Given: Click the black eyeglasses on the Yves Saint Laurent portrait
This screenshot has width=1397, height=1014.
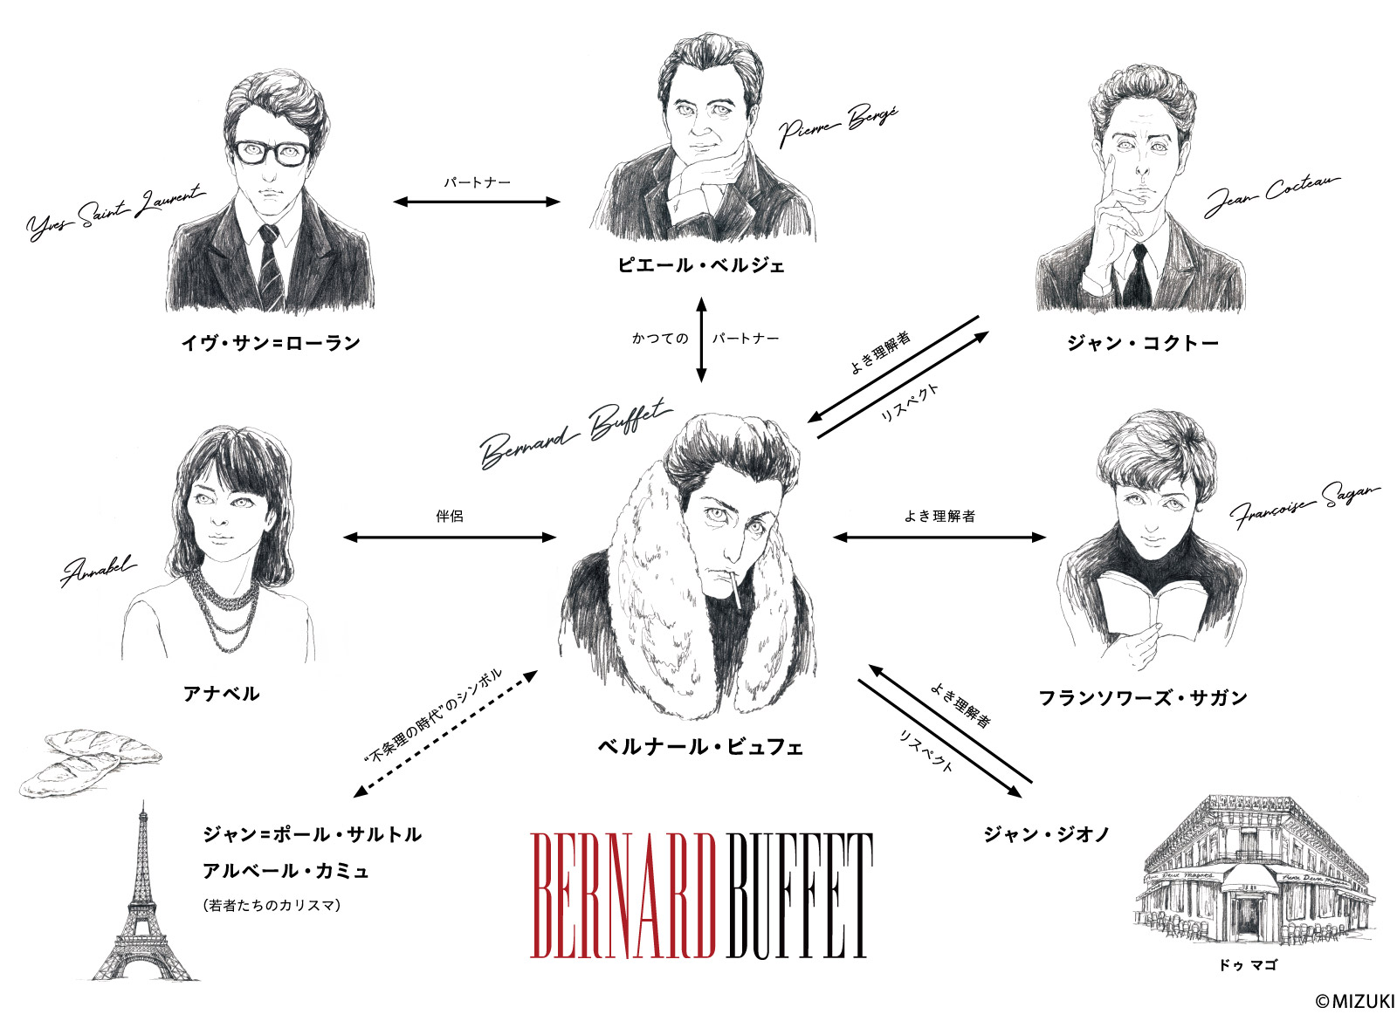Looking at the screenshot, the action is click(x=272, y=154).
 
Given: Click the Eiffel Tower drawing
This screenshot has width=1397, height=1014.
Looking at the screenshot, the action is click(x=144, y=891).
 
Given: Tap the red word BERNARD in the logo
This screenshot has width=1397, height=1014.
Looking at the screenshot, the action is click(x=623, y=896).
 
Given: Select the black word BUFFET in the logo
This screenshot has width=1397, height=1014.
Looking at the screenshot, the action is click(x=800, y=896).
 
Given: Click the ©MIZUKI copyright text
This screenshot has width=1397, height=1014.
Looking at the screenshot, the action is click(x=1354, y=1001).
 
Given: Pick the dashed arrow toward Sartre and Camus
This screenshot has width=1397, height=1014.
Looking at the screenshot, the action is click(x=445, y=734).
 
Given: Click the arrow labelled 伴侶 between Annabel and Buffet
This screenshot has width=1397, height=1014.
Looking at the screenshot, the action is click(x=449, y=538).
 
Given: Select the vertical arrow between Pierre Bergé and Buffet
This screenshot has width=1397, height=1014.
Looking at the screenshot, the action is click(x=701, y=339).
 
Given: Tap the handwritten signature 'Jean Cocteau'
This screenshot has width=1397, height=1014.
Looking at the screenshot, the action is click(x=1271, y=195).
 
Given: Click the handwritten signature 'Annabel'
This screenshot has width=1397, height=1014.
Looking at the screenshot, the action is click(x=98, y=570).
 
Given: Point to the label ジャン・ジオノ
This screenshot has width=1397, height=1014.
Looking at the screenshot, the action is click(x=1047, y=834).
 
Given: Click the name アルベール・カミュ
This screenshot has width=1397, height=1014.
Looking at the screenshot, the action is click(x=286, y=870).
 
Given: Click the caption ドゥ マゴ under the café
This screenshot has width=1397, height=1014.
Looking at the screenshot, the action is click(x=1248, y=965).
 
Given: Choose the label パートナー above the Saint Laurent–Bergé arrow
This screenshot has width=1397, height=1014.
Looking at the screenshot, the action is click(x=477, y=182).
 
